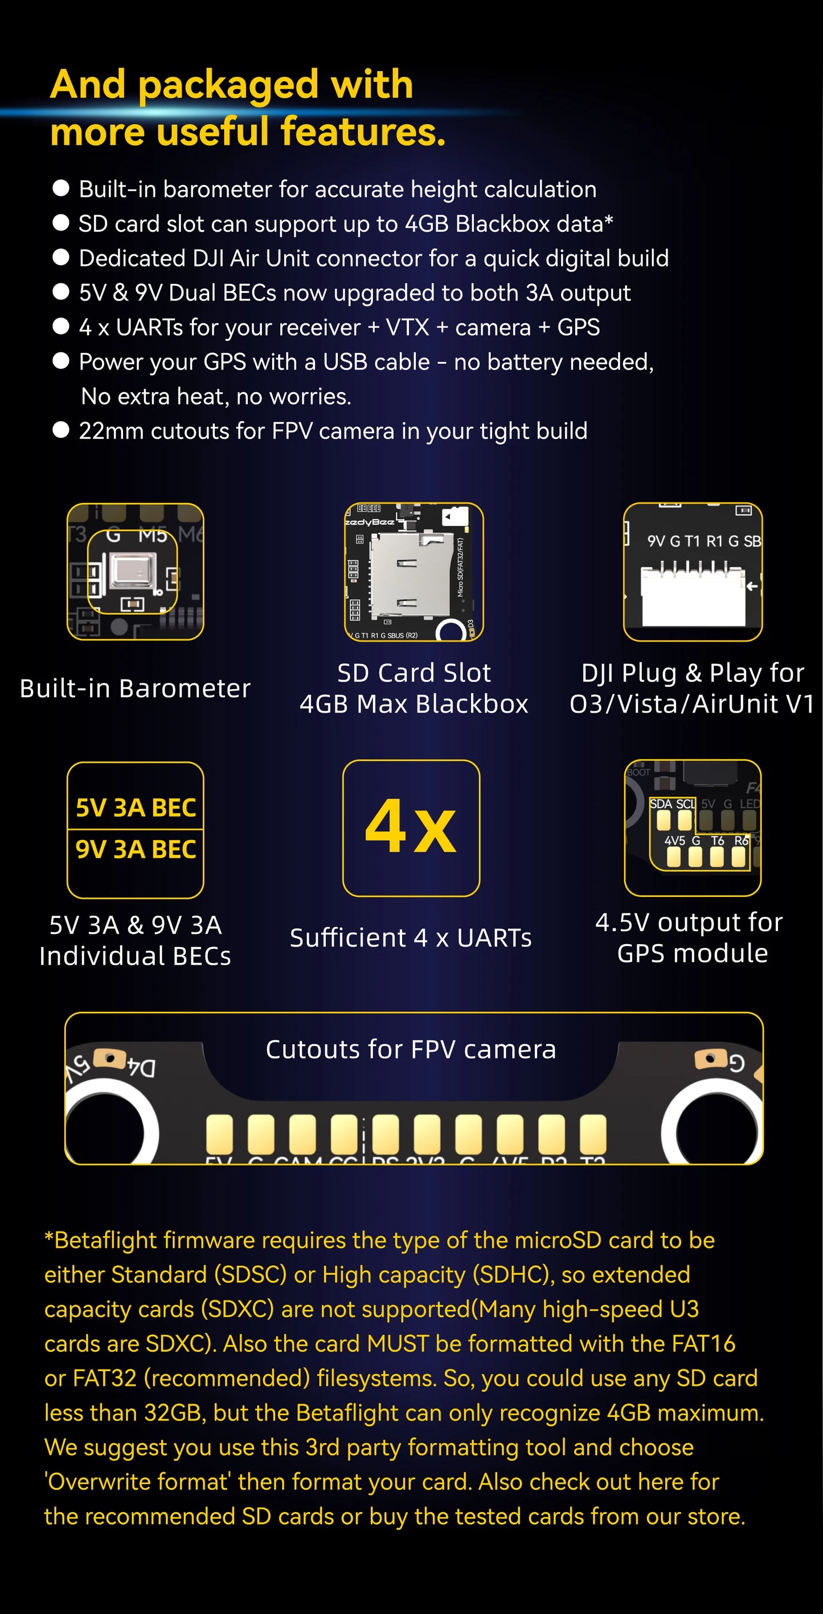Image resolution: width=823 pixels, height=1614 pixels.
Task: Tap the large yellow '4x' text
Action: (411, 827)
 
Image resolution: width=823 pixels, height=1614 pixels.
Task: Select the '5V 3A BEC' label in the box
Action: (136, 808)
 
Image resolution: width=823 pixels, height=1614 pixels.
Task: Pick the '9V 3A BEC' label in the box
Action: (136, 849)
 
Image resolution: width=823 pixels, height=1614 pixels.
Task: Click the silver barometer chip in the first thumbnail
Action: (132, 571)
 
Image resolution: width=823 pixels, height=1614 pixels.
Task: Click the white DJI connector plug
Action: (693, 596)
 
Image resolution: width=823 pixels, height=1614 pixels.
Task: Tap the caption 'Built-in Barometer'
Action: (135, 688)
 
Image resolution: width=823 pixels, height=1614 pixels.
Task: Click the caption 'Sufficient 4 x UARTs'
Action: (411, 938)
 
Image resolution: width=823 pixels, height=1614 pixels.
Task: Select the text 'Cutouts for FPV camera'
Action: (411, 1049)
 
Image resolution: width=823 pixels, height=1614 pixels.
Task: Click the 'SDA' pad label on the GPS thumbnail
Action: (661, 804)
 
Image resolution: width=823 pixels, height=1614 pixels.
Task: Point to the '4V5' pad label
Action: (674, 841)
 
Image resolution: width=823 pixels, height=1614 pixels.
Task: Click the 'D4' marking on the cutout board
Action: (141, 1067)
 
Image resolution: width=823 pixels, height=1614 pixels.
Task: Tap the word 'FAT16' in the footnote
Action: (703, 1343)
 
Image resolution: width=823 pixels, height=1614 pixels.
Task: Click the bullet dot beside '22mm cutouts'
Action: (61, 430)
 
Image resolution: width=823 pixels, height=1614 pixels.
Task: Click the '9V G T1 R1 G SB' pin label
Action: (704, 541)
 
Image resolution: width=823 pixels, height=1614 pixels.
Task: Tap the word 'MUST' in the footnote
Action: (398, 1343)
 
